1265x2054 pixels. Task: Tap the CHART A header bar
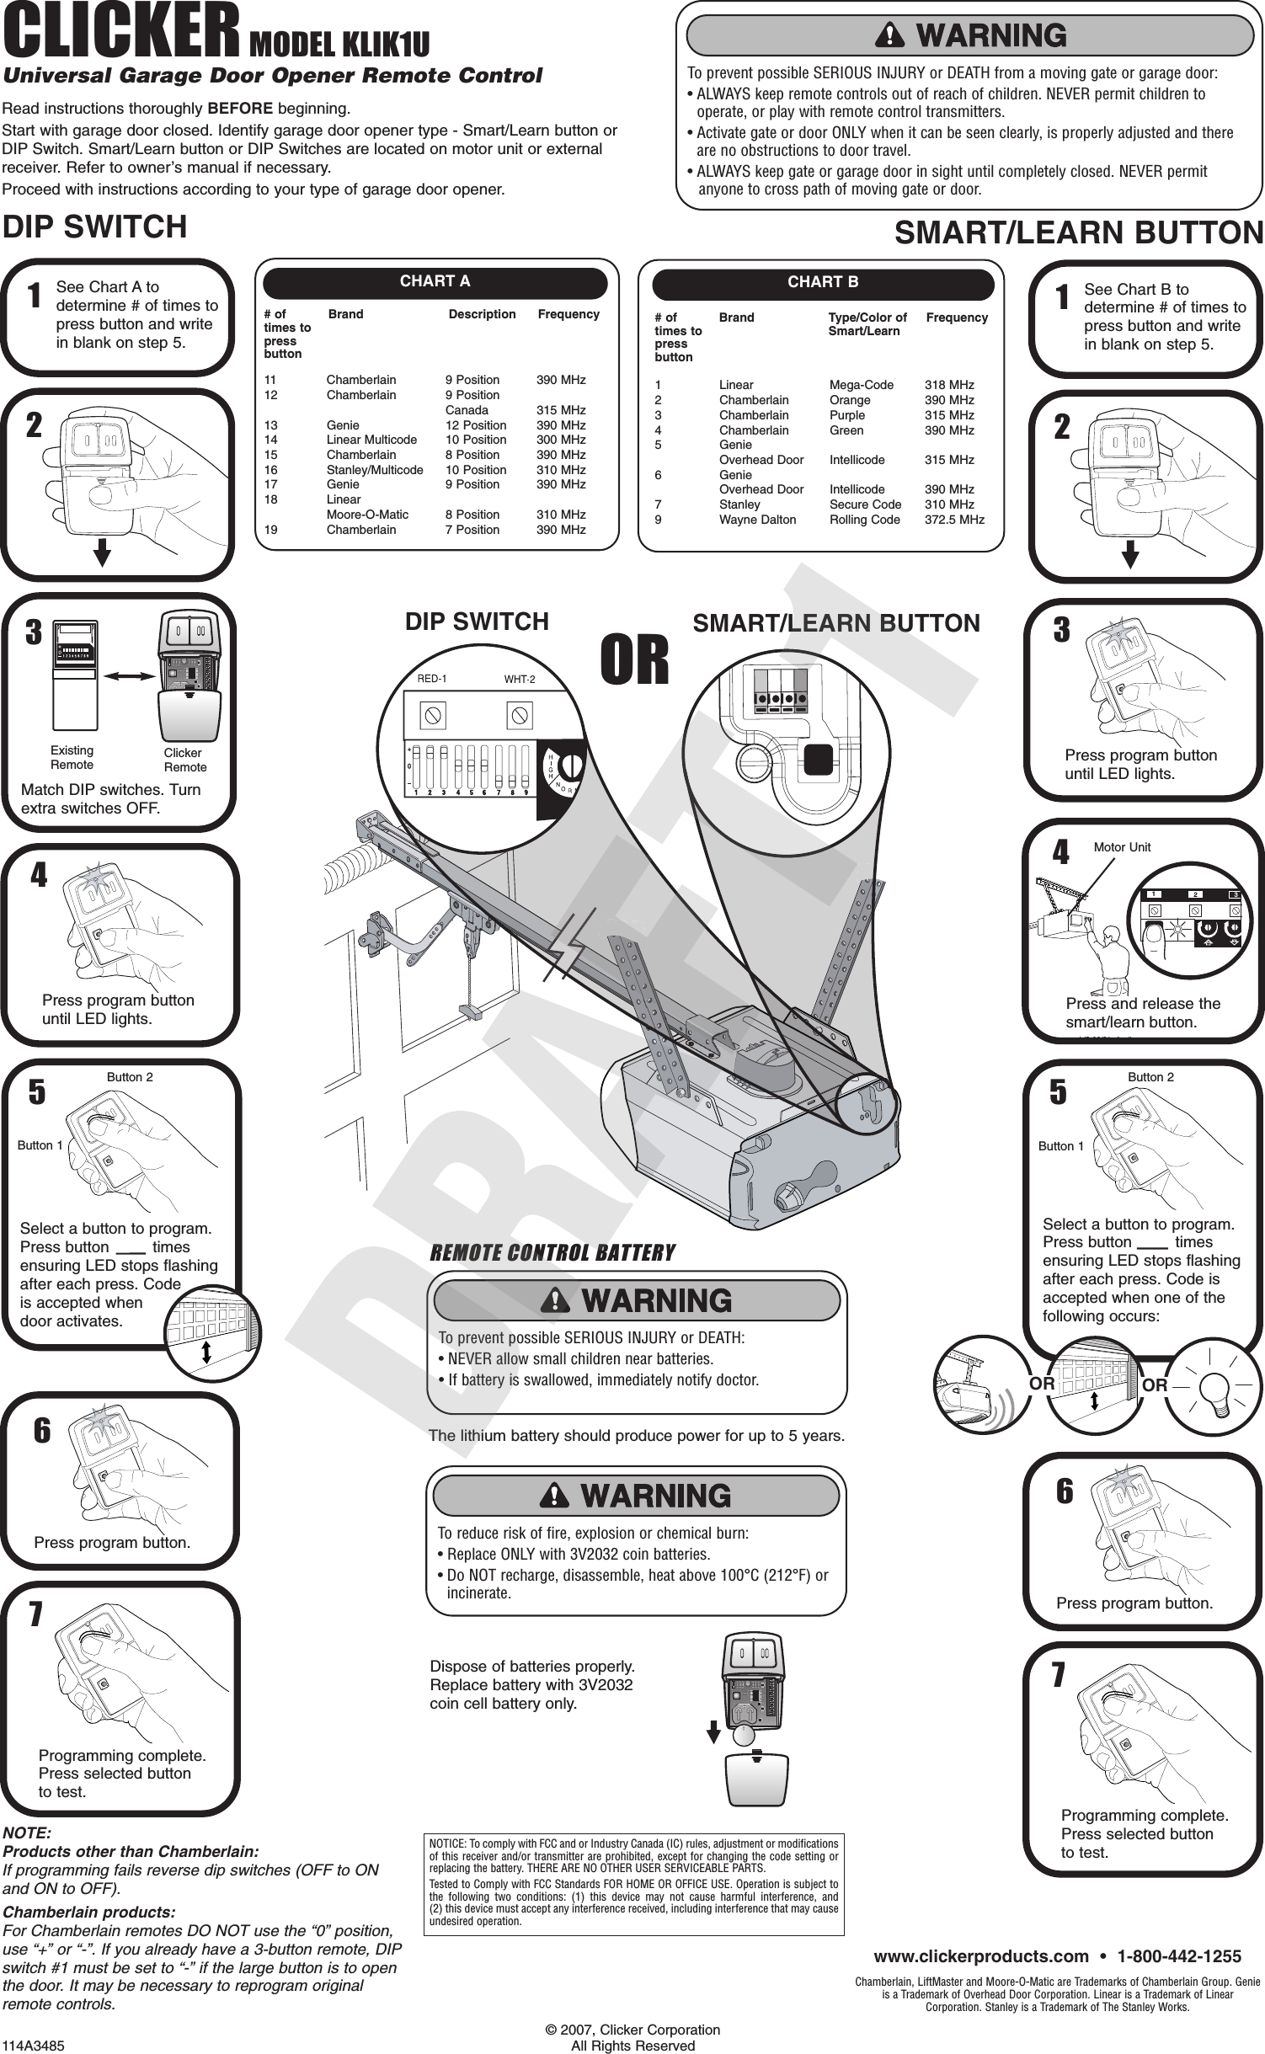[x=435, y=282]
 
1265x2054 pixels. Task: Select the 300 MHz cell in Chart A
[x=562, y=440]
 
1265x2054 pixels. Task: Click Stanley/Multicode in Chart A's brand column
[x=375, y=470]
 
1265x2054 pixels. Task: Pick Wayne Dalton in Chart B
[x=757, y=520]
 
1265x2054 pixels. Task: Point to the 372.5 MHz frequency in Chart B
[x=954, y=520]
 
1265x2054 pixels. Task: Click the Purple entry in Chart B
[x=847, y=415]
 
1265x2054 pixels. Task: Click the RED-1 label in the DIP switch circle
[x=432, y=679]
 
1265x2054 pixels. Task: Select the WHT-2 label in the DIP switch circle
[x=520, y=679]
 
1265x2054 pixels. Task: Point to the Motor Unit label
[x=1122, y=847]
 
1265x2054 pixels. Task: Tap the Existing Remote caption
[x=72, y=757]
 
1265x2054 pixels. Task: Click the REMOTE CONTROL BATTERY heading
[x=552, y=1253]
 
